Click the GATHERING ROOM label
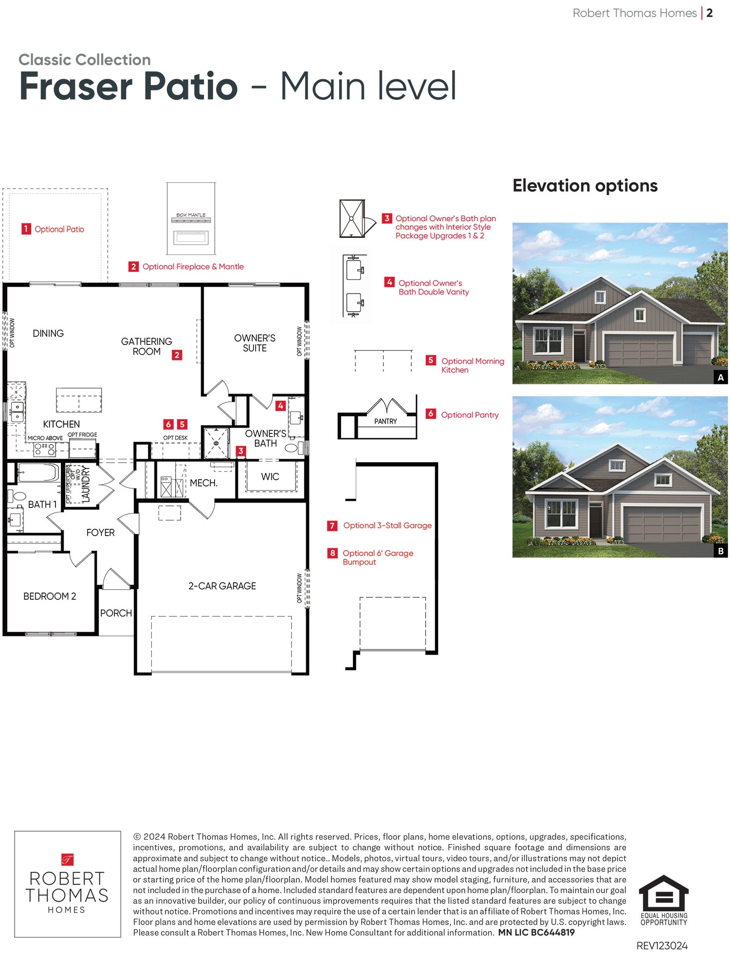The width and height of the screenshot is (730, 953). pyautogui.click(x=146, y=346)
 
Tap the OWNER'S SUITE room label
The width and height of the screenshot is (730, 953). pyautogui.click(x=255, y=343)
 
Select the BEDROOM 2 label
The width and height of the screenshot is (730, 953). pyautogui.click(x=50, y=596)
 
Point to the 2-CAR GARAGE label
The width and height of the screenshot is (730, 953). pyautogui.click(x=222, y=586)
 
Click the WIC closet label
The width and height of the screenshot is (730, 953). pyautogui.click(x=270, y=477)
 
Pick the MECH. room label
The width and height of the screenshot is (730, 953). pyautogui.click(x=203, y=483)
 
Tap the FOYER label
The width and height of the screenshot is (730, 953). pyautogui.click(x=100, y=533)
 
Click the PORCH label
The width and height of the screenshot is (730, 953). pyautogui.click(x=116, y=613)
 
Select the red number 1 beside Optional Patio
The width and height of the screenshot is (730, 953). pyautogui.click(x=26, y=229)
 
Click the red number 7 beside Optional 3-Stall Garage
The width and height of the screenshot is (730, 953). pyautogui.click(x=332, y=526)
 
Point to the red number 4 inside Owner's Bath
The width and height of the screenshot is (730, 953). pyautogui.click(x=280, y=406)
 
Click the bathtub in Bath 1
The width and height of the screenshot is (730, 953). pyautogui.click(x=38, y=473)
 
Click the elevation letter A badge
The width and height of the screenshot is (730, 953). pyautogui.click(x=721, y=378)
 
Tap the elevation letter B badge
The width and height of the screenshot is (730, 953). pyautogui.click(x=721, y=551)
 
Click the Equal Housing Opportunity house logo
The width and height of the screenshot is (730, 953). pyautogui.click(x=664, y=892)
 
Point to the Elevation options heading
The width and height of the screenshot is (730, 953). pyautogui.click(x=585, y=186)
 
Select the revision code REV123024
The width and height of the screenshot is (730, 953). pyautogui.click(x=662, y=946)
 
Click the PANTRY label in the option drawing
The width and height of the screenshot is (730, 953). pyautogui.click(x=385, y=421)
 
